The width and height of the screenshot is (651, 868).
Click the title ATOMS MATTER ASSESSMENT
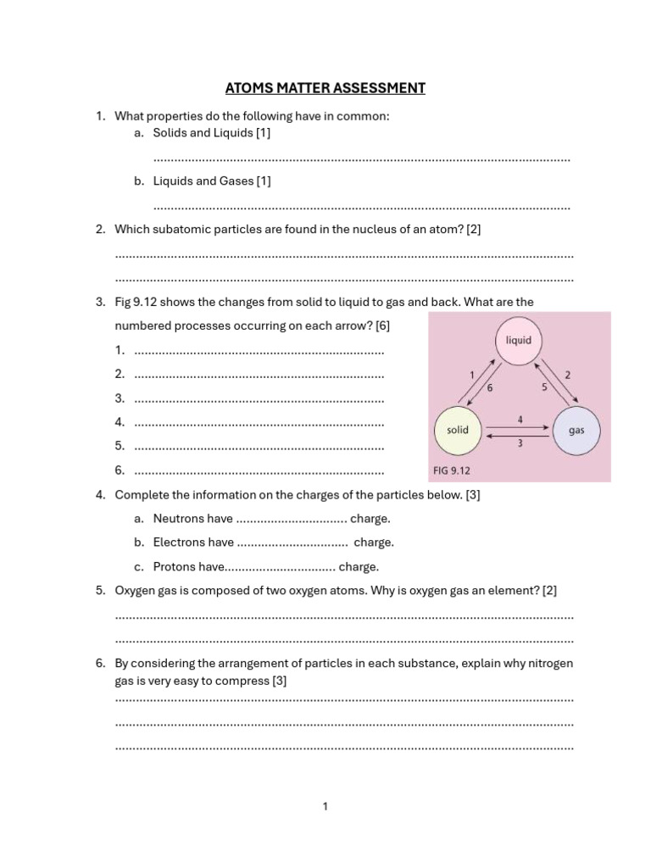click(x=325, y=88)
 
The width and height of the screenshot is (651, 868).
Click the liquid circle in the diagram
click(x=518, y=341)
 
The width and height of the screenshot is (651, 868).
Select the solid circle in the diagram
click(x=458, y=430)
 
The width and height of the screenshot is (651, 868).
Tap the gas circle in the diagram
click(x=576, y=430)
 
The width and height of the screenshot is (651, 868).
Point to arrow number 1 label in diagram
click(x=471, y=374)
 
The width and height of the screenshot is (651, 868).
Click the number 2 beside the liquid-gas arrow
click(x=567, y=374)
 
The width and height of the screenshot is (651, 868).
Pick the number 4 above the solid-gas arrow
click(x=520, y=419)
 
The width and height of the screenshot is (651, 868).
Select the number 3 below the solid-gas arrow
click(x=520, y=442)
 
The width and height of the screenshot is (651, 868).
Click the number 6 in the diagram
click(x=489, y=387)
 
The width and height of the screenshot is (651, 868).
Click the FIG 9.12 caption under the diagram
click(x=451, y=470)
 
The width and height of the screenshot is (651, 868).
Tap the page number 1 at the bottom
click(x=325, y=807)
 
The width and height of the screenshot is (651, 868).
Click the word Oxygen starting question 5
click(x=136, y=590)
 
